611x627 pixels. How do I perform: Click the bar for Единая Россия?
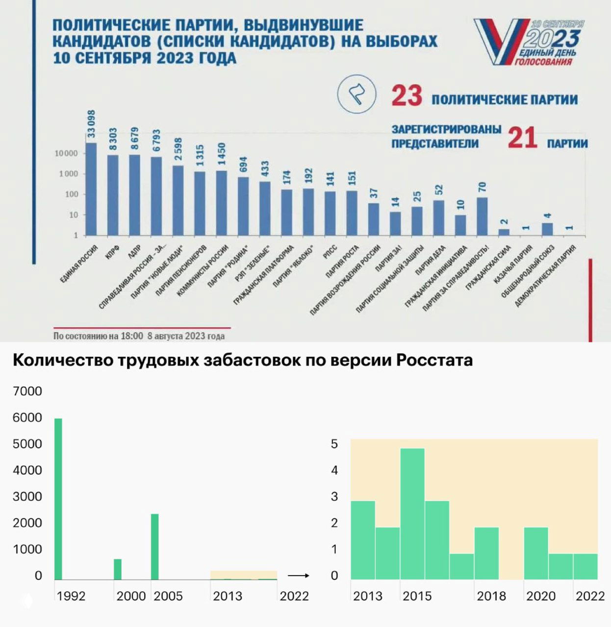click(91, 189)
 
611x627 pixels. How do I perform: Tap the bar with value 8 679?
click(134, 195)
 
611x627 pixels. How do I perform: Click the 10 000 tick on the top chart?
click(66, 153)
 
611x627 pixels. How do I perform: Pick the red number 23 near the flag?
click(407, 96)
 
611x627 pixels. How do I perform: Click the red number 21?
click(522, 138)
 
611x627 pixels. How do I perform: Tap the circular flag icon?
click(356, 94)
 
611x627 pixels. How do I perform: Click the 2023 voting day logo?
click(529, 42)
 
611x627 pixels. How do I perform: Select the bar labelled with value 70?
click(482, 217)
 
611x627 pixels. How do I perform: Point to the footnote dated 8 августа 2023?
click(139, 336)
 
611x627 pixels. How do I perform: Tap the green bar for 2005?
click(154, 546)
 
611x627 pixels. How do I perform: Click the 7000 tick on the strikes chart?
click(27, 391)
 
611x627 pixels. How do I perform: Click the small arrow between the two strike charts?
click(298, 576)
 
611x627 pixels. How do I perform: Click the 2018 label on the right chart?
click(491, 596)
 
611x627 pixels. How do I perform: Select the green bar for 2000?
click(118, 569)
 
